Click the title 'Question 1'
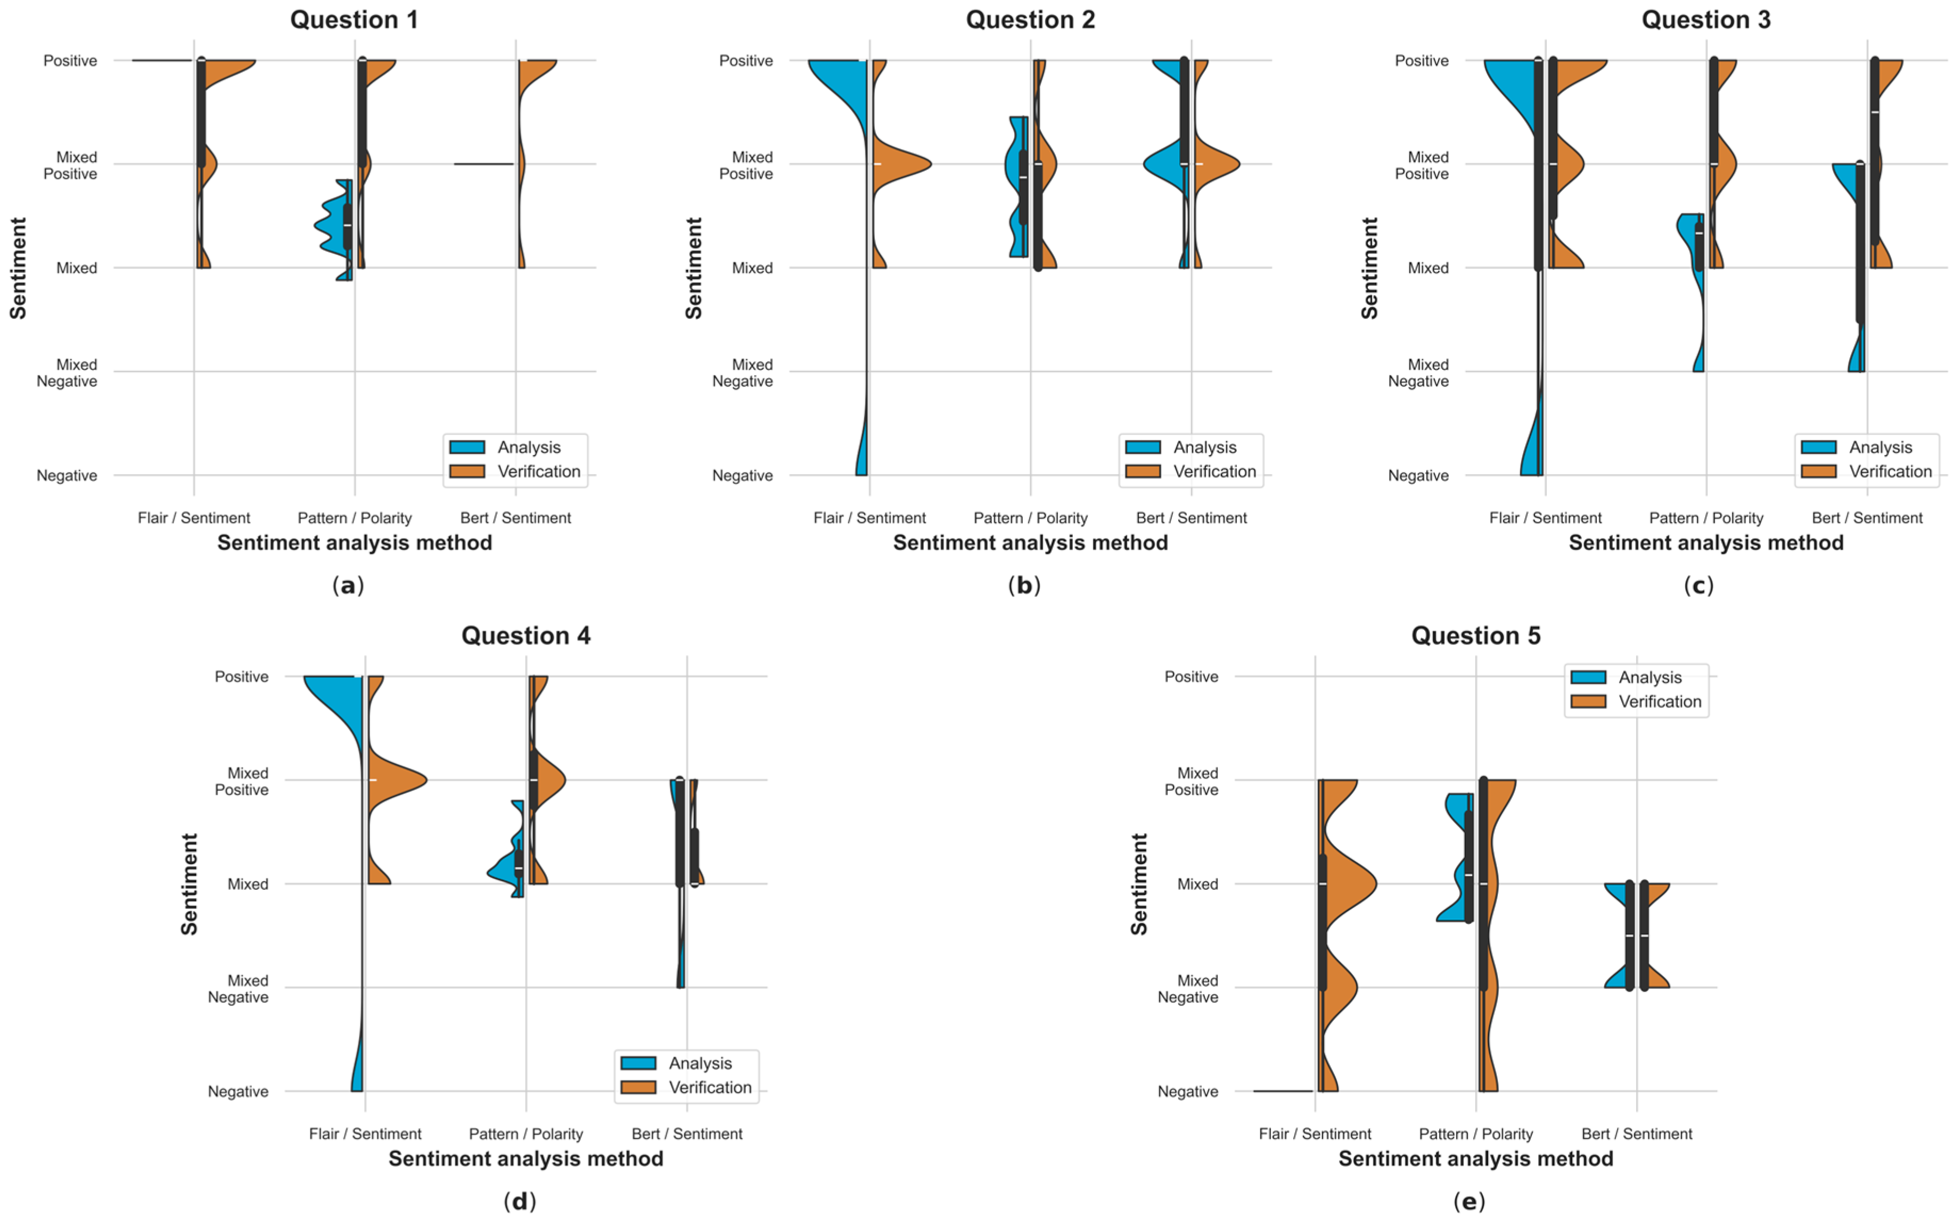point(354,20)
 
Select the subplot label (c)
point(1698,585)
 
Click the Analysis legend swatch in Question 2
point(1143,447)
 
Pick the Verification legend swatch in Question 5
point(1588,701)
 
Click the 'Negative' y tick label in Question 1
point(67,476)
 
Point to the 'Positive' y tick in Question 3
point(1422,61)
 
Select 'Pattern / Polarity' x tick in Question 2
point(1030,518)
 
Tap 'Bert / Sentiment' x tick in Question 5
point(1636,1133)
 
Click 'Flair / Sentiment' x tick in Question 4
point(365,1133)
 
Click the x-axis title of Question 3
point(1706,543)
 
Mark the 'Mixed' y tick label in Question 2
point(752,268)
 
